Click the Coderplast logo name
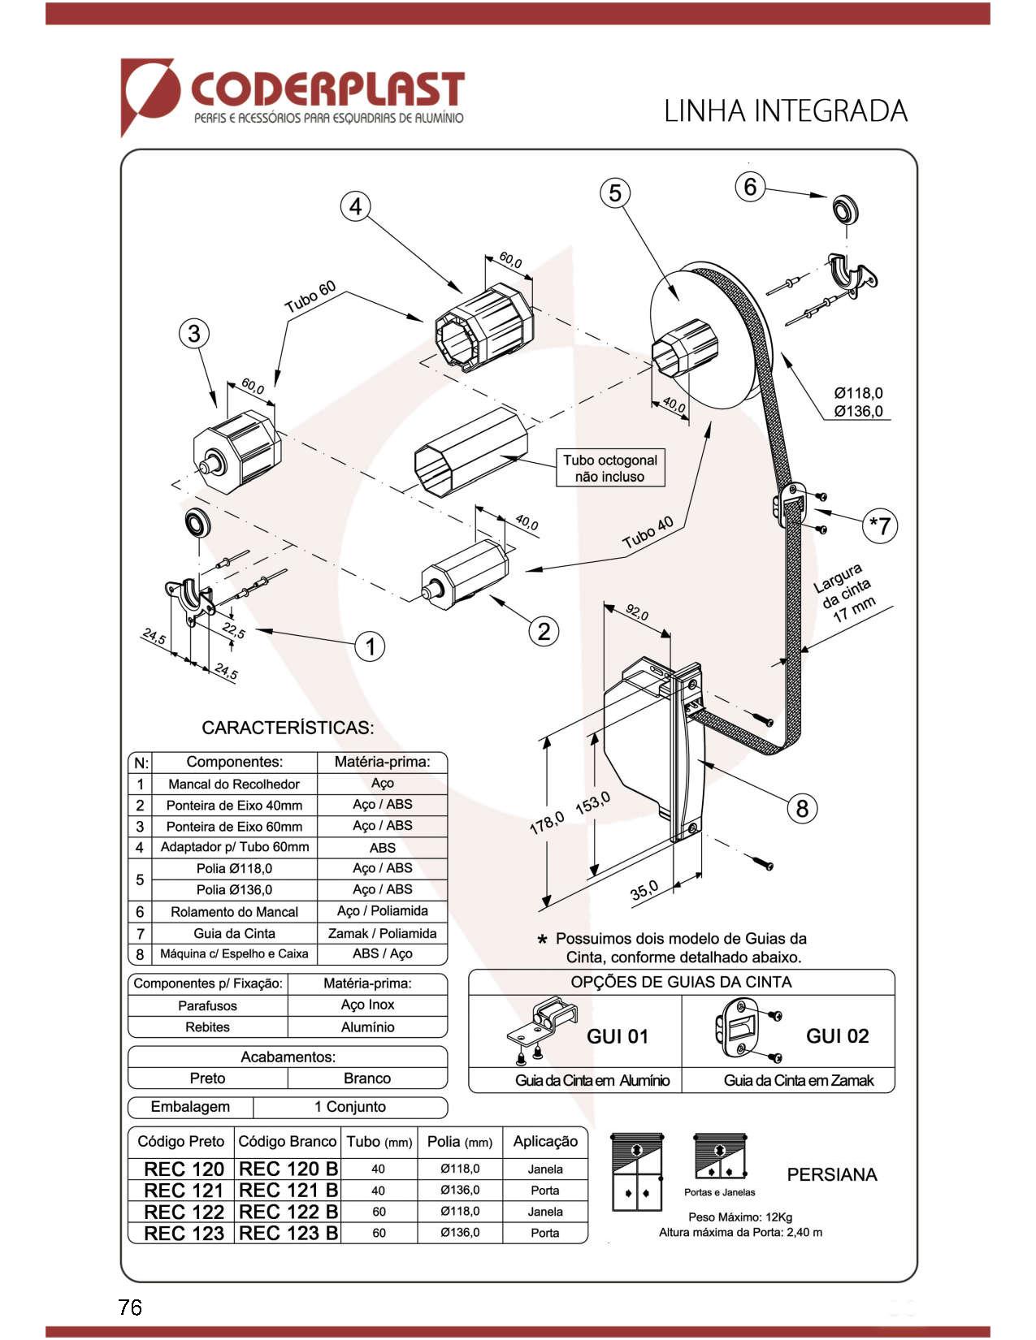pyautogui.click(x=327, y=89)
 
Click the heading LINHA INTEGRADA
pyautogui.click(x=785, y=111)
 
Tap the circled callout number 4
pyautogui.click(x=355, y=207)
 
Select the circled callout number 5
pyautogui.click(x=615, y=193)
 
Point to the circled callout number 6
pyautogui.click(x=750, y=187)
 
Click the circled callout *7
pyautogui.click(x=880, y=525)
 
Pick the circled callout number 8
pyautogui.click(x=802, y=807)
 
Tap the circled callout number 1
pyautogui.click(x=371, y=646)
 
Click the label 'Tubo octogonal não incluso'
pyautogui.click(x=610, y=469)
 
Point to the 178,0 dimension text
pyautogui.click(x=546, y=823)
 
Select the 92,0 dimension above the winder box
pyautogui.click(x=636, y=612)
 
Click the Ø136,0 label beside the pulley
pyautogui.click(x=858, y=411)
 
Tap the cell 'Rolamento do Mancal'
pyautogui.click(x=234, y=912)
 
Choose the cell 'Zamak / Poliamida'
pyautogui.click(x=382, y=933)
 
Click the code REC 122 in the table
pyautogui.click(x=184, y=1212)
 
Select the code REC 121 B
pyautogui.click(x=288, y=1191)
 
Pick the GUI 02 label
pyautogui.click(x=837, y=1036)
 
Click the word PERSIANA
pyautogui.click(x=831, y=1174)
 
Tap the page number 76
pyautogui.click(x=130, y=1307)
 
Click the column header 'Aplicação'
pyautogui.click(x=545, y=1141)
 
